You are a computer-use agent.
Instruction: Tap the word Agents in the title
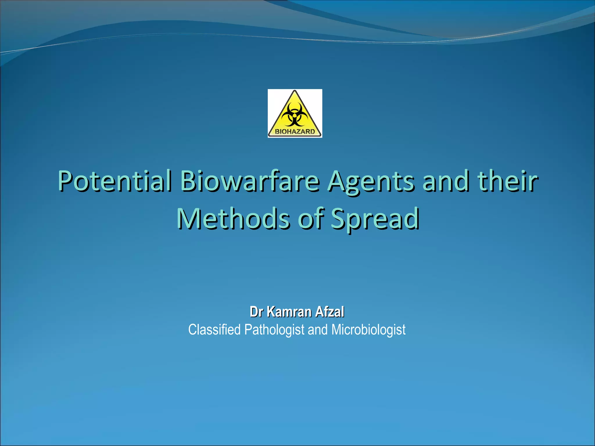(370, 182)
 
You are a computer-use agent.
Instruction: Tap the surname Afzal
(330, 312)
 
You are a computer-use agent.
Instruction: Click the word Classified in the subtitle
(214, 330)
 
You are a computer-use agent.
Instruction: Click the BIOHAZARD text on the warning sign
(295, 132)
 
